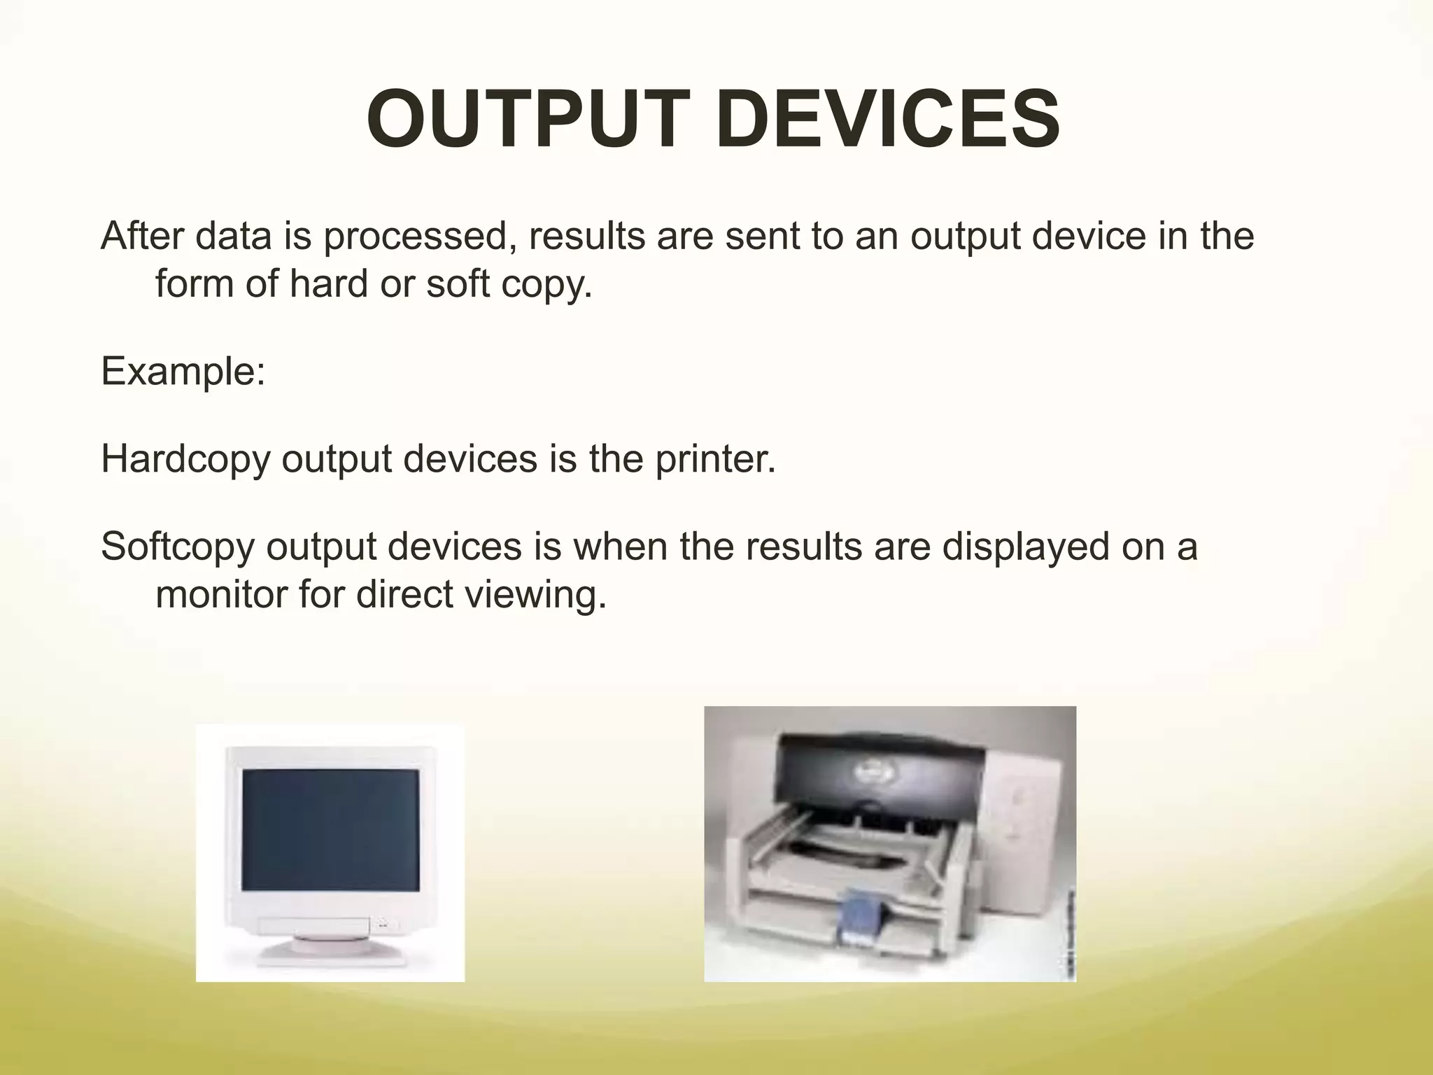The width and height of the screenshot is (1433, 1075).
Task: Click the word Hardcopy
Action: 185,460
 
